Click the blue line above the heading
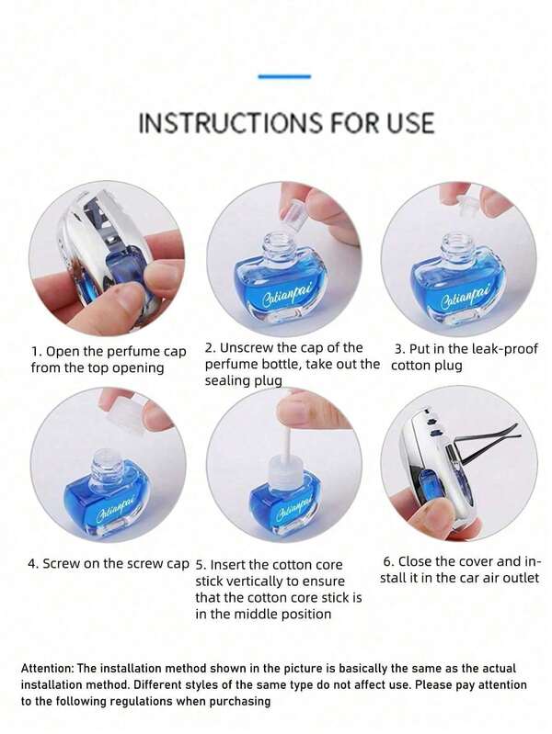(284, 76)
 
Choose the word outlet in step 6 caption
(518, 578)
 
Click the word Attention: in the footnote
(53, 668)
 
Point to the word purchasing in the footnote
(240, 701)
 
